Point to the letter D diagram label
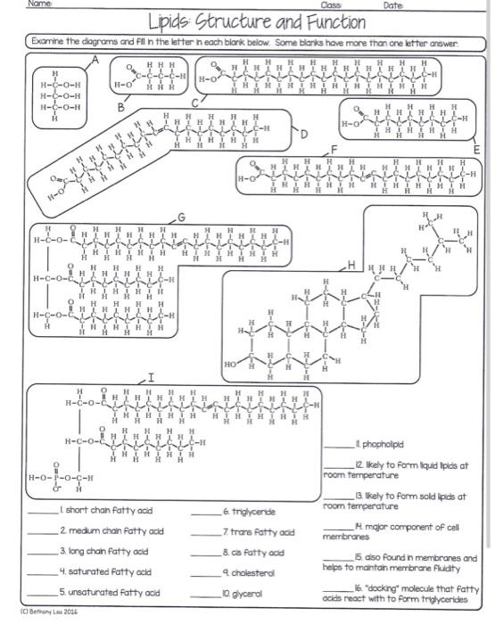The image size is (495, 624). [x=303, y=135]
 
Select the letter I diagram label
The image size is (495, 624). [x=151, y=379]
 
